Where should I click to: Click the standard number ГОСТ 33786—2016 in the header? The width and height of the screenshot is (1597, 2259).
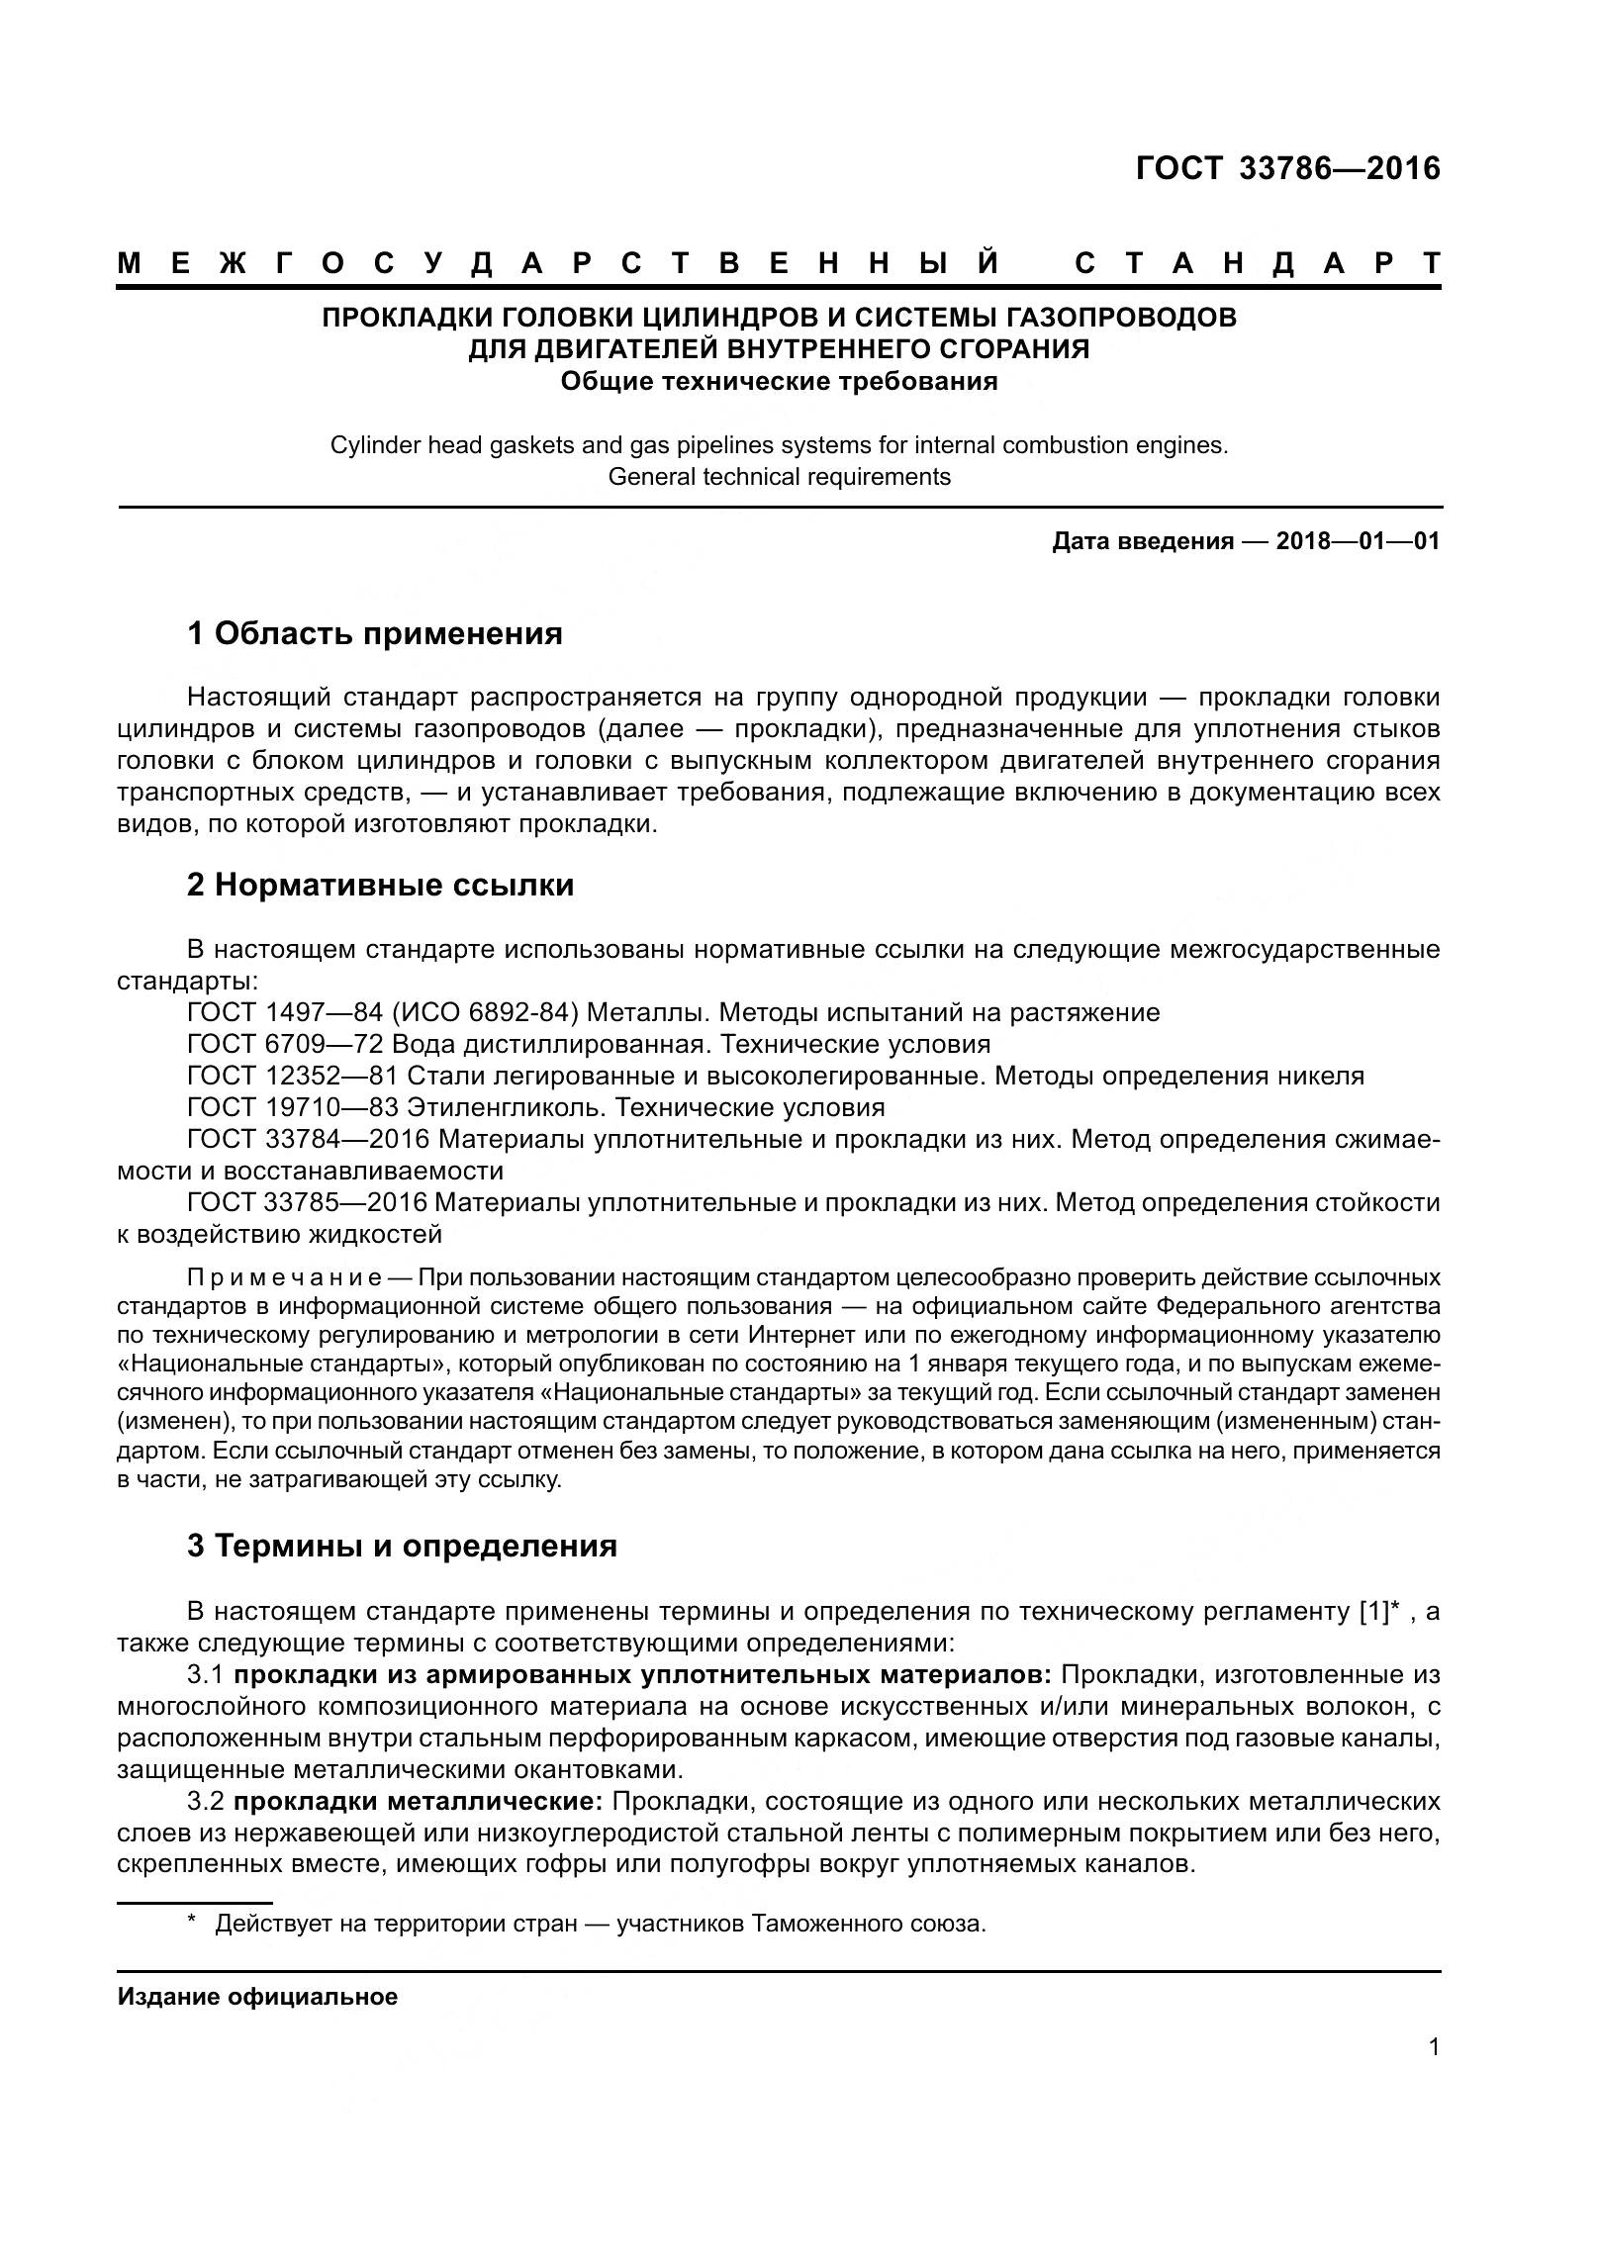click(1287, 169)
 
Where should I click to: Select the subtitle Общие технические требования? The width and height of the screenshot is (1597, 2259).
click(779, 381)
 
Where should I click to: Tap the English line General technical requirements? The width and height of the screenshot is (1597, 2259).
click(779, 477)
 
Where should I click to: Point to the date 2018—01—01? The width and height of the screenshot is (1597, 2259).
click(1358, 541)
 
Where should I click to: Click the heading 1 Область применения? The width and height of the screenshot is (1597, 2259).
click(375, 633)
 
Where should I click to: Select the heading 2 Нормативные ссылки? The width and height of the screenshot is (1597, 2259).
click(380, 885)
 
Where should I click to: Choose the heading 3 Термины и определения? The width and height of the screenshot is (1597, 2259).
click(402, 1546)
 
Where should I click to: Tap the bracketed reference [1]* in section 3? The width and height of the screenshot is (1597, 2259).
click(1379, 1611)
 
